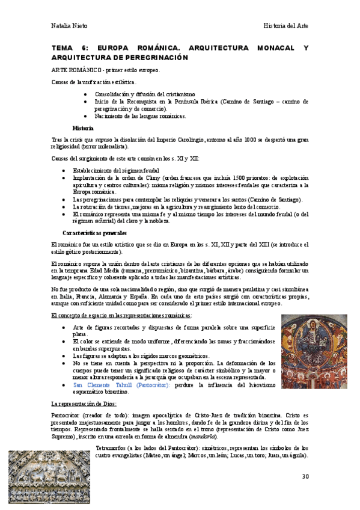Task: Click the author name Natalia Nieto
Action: coord(69,26)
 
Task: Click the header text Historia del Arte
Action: coord(286,26)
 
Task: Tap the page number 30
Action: coord(305,476)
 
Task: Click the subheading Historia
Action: coord(82,128)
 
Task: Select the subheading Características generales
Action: coord(94,233)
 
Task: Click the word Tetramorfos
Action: coord(112,447)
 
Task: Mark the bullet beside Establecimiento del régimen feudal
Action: coord(65,171)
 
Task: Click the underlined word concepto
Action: coord(69,315)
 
